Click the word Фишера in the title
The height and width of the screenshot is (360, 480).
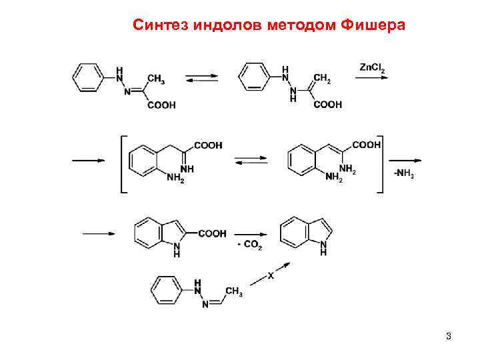tap(371, 25)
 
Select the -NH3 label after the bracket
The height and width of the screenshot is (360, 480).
tap(403, 175)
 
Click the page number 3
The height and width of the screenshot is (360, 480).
tap(449, 336)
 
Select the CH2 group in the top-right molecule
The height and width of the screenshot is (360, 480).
tap(322, 79)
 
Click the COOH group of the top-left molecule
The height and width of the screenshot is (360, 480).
tap(162, 105)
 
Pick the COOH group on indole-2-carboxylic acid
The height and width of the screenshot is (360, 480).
tap(211, 233)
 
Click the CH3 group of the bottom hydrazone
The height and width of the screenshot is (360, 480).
tap(233, 291)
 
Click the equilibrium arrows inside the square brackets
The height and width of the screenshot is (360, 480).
tap(251, 160)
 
